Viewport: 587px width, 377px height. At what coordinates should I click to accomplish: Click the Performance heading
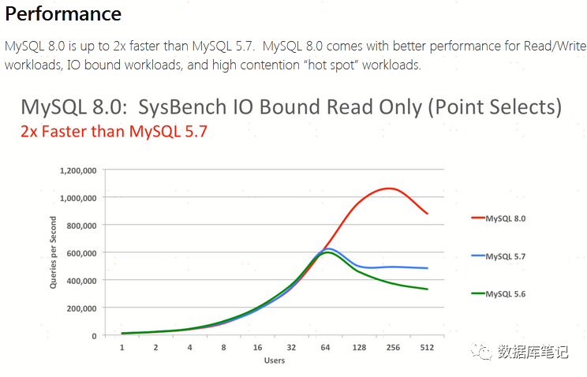click(63, 13)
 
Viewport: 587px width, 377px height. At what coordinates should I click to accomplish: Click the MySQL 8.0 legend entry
click(505, 218)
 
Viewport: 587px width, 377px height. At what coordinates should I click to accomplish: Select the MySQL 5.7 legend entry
click(505, 256)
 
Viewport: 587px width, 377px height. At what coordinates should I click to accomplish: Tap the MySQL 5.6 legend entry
click(505, 293)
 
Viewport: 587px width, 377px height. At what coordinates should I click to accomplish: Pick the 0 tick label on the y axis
click(94, 336)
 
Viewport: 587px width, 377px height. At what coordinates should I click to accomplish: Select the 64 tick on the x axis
click(326, 347)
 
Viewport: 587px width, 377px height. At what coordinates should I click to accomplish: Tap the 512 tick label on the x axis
click(427, 347)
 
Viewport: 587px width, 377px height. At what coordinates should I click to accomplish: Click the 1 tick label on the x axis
click(122, 347)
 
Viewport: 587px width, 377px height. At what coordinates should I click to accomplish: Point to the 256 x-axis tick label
click(393, 347)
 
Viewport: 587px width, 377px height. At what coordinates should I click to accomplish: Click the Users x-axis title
click(275, 360)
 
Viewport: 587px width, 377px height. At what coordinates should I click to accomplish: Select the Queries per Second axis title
click(53, 252)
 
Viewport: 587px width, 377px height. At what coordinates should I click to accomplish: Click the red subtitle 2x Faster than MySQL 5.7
click(114, 131)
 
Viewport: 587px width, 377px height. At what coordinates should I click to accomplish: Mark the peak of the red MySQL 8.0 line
click(388, 188)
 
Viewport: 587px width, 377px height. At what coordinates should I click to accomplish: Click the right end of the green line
click(428, 289)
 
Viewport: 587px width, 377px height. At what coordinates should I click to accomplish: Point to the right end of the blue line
click(428, 268)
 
